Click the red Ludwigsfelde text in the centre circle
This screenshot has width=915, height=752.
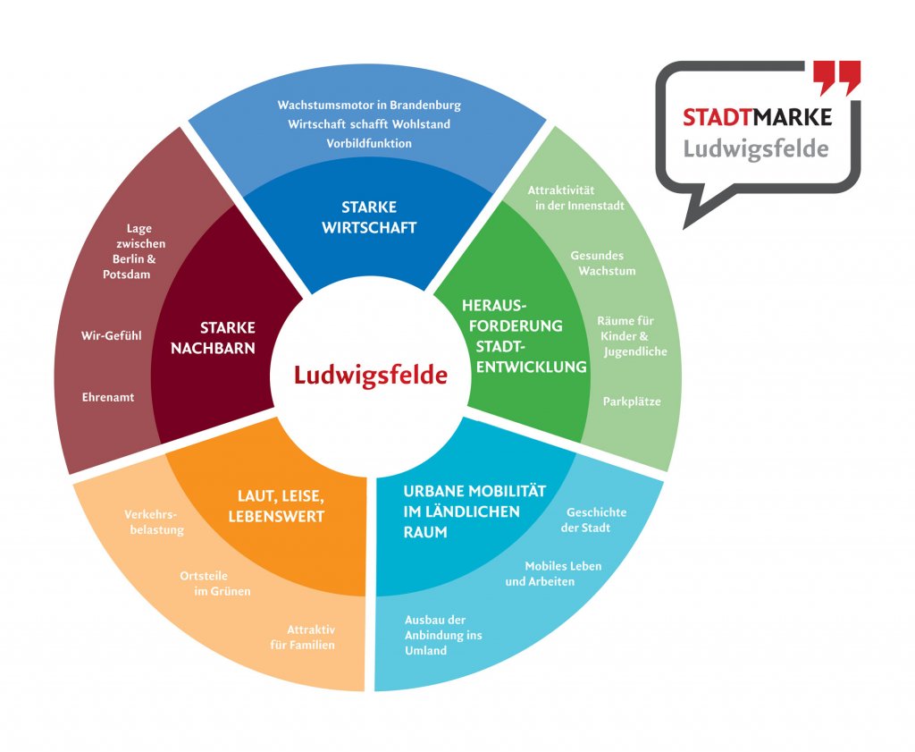click(370, 374)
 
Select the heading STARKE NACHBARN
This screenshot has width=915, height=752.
click(213, 337)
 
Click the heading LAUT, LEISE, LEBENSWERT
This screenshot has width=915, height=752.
click(275, 505)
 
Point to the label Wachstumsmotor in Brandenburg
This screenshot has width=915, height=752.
click(369, 106)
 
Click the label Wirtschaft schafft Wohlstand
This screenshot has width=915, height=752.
click(369, 124)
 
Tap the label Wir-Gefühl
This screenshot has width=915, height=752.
click(112, 336)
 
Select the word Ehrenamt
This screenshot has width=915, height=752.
click(108, 396)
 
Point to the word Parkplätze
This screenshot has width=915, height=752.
click(632, 401)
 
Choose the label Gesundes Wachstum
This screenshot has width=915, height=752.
click(597, 263)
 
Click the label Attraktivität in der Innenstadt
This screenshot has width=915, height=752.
click(574, 198)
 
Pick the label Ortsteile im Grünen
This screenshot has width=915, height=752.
click(215, 583)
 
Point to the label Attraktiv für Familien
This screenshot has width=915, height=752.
click(303, 637)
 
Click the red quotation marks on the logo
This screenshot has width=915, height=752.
click(837, 78)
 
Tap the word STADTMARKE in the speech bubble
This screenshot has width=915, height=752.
click(757, 117)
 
